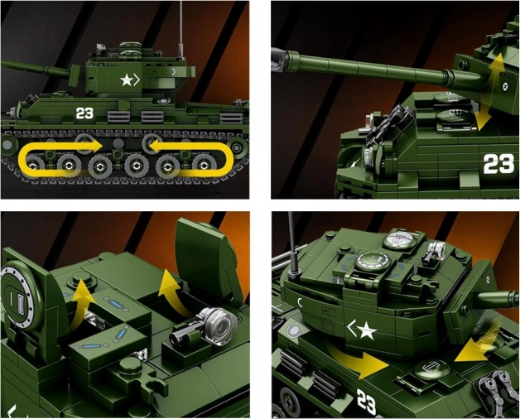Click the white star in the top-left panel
point(127,80)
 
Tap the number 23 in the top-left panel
point(85,113)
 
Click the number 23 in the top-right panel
point(498,164)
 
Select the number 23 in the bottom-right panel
point(367,402)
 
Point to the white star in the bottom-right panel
point(367,330)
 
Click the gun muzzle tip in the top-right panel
point(278,60)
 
